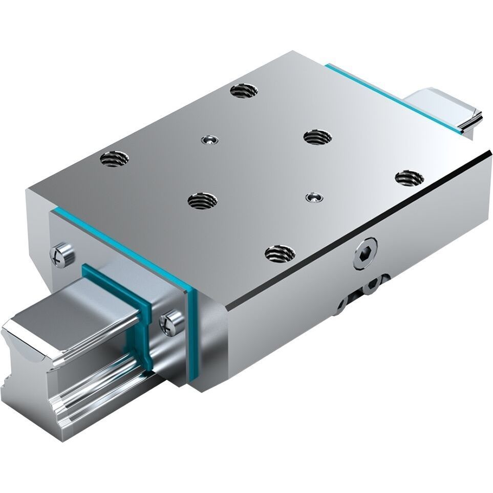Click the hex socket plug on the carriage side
coord(365,253)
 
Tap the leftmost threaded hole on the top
coord(114,159)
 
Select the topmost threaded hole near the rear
coord(244,91)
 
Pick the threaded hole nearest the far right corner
coord(410,178)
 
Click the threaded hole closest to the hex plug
coord(280,253)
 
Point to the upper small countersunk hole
coord(209,139)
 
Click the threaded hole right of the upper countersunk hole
coord(317,137)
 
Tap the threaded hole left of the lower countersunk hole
coord(202,200)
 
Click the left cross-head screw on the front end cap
coord(61,254)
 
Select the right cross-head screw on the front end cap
coord(172,323)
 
